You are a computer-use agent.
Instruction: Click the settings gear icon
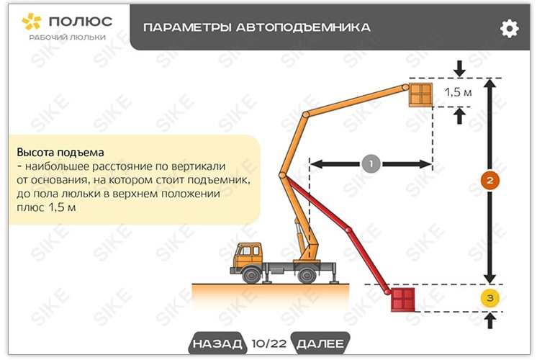509,28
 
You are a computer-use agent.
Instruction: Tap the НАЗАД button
217,343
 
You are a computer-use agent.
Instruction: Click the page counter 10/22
268,343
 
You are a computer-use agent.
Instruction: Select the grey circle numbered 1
371,164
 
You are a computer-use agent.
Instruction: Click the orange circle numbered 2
489,181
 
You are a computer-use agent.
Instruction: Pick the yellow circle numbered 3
489,297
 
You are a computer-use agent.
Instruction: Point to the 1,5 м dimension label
458,92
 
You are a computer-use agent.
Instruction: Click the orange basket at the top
421,94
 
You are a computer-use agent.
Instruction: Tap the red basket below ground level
403,299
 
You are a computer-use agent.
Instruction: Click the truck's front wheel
251,274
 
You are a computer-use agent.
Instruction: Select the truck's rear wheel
307,274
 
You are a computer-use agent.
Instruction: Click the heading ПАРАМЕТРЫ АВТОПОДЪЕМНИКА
257,28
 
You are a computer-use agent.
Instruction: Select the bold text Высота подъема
60,153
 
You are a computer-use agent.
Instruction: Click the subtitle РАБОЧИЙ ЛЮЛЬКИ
67,37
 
